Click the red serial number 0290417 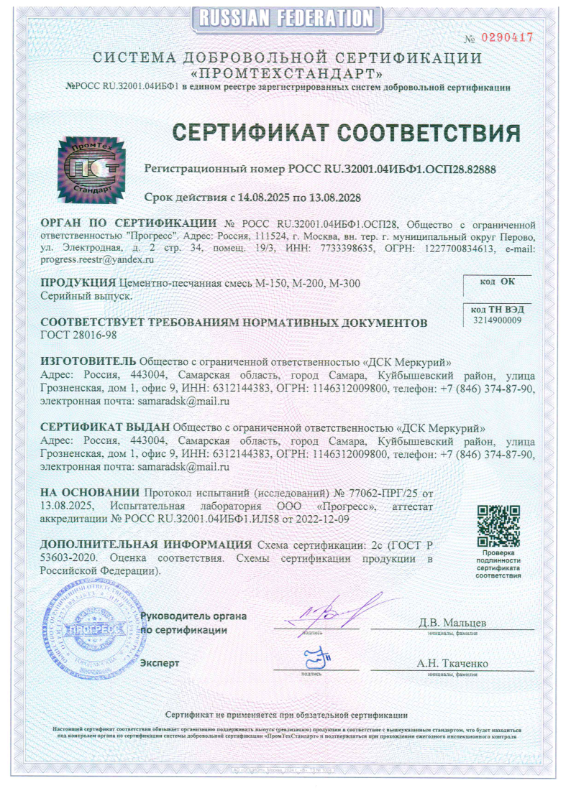pyautogui.click(x=507, y=37)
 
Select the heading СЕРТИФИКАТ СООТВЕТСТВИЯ pyautogui.click(x=345, y=133)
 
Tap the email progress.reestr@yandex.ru pyautogui.click(x=97, y=259)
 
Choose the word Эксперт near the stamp pyautogui.click(x=160, y=662)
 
